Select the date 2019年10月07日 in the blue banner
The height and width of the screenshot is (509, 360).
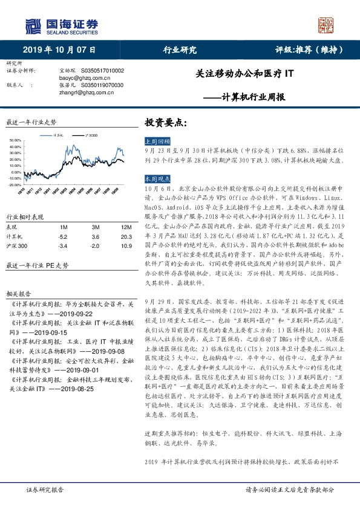[x=59, y=50]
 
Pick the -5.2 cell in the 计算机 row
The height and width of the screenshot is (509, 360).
[x=62, y=236]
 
